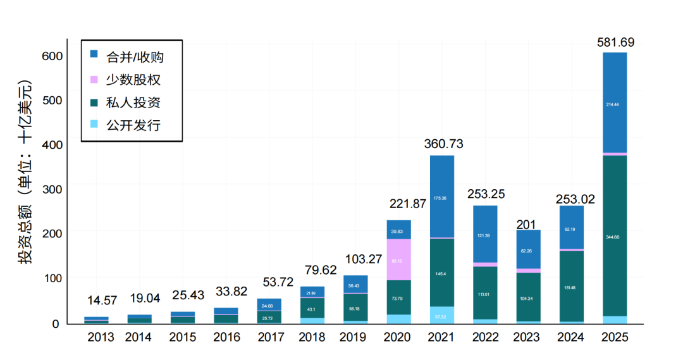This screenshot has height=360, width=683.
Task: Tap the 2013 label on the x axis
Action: pyautogui.click(x=101, y=337)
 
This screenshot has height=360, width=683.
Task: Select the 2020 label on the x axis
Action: pyautogui.click(x=398, y=337)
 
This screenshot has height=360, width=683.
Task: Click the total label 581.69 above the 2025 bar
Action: pyautogui.click(x=615, y=42)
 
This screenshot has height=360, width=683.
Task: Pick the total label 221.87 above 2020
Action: pyautogui.click(x=398, y=204)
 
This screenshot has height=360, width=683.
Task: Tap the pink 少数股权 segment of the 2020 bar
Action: pyautogui.click(x=398, y=259)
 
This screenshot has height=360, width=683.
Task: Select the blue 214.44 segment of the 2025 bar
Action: pyautogui.click(x=615, y=103)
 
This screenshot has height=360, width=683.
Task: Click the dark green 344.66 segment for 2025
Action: pyautogui.click(x=615, y=235)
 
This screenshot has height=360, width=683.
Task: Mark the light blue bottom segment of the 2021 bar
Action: pyautogui.click(x=442, y=315)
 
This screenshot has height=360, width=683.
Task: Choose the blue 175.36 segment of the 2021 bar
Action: pyautogui.click(x=442, y=197)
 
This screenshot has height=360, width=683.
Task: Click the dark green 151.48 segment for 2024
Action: pyautogui.click(x=572, y=287)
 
